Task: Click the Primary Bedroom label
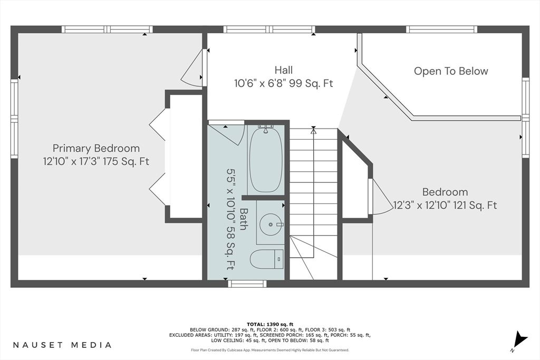[96, 148]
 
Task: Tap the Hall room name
[283, 70]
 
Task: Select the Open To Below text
[451, 71]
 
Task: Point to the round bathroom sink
[271, 225]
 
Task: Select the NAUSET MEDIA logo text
[62, 345]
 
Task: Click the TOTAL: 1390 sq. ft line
[270, 324]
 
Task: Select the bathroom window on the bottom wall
[247, 284]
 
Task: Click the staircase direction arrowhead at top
[313, 130]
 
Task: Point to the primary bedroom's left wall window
[14, 119]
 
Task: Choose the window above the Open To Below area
[442, 30]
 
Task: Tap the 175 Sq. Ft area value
[126, 161]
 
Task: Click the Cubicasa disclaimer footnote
[270, 350]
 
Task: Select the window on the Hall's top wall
[269, 30]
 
